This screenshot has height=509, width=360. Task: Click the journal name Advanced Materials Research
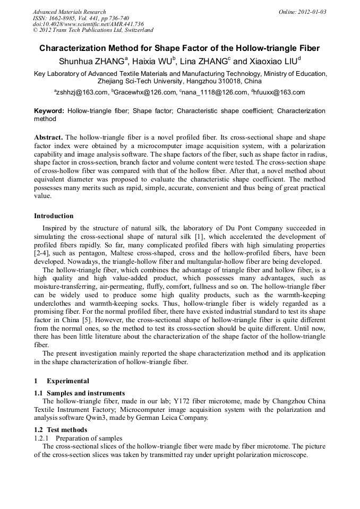pyautogui.click(x=69, y=12)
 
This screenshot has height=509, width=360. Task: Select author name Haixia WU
pyautogui.click(x=157, y=61)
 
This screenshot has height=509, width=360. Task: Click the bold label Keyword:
pyautogui.click(x=49, y=111)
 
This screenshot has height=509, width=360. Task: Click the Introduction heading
pyautogui.click(x=54, y=216)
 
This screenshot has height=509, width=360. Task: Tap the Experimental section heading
pyautogui.click(x=67, y=381)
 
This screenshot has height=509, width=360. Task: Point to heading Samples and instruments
pyautogui.click(x=85, y=393)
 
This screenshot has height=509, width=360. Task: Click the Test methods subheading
pyautogui.click(x=67, y=430)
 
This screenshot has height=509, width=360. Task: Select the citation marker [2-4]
pyautogui.click(x=42, y=253)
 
